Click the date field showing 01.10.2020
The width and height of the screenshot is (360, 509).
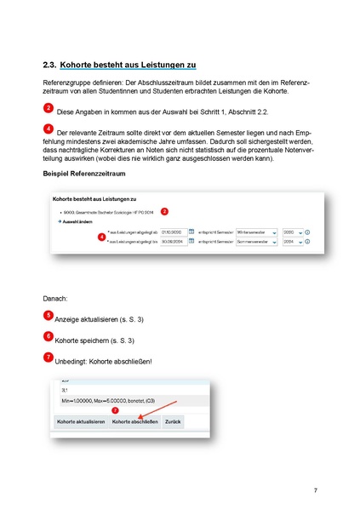(171, 231)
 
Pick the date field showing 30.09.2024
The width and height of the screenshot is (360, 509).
(171, 242)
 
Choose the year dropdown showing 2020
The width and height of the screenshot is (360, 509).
(292, 231)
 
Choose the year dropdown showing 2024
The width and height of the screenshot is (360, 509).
(292, 242)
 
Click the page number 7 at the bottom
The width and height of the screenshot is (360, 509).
(315, 490)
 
